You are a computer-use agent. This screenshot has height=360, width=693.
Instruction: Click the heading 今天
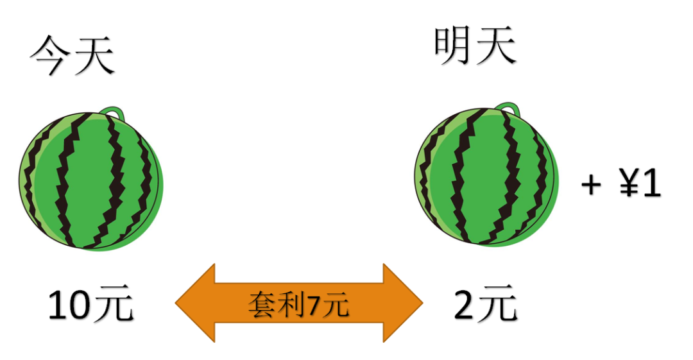tap(72, 55)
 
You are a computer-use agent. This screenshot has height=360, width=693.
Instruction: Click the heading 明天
tap(475, 46)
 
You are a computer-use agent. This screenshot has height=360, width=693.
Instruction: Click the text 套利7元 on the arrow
tap(298, 304)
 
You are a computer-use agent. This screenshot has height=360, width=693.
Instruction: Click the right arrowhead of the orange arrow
tap(404, 302)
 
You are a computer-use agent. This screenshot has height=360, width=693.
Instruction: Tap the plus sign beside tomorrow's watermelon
tap(591, 185)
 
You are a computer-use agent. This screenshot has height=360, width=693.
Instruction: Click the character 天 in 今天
tap(94, 55)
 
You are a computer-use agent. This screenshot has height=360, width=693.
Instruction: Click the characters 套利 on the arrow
tap(277, 304)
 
